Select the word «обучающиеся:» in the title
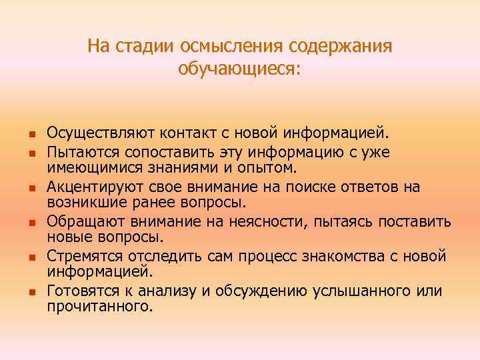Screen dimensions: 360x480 240,69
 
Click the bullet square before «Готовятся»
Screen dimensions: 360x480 31,291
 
